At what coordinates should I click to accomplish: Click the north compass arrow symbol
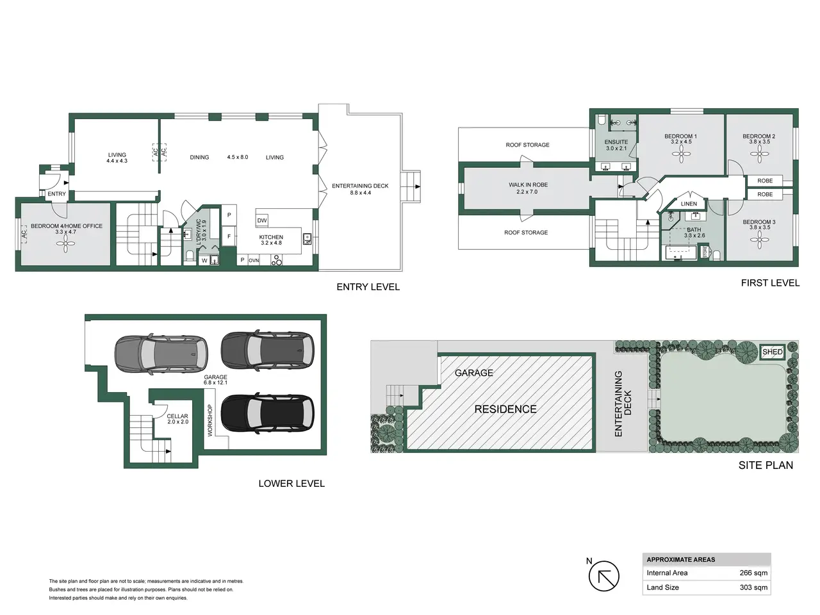[603, 576]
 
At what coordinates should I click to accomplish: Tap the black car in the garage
[267, 413]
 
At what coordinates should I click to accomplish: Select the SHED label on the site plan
[772, 352]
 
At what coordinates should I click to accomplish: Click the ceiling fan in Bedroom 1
[681, 154]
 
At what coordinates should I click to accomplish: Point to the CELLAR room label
[177, 416]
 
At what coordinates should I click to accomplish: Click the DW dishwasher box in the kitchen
[262, 220]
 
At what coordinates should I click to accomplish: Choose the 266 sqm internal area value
[753, 573]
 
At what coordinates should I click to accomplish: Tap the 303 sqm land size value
[753, 587]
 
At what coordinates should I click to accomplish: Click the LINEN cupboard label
[689, 204]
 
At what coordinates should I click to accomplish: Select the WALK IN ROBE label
[528, 185]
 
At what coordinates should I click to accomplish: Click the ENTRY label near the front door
[56, 194]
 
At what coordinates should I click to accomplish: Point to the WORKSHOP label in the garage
[210, 420]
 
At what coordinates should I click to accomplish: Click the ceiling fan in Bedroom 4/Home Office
[65, 245]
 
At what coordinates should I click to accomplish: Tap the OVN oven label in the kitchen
[254, 261]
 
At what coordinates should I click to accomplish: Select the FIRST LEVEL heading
[770, 283]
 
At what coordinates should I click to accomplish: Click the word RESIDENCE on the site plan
[505, 409]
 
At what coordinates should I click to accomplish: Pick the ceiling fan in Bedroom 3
[759, 240]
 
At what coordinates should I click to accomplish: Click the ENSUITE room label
[616, 142]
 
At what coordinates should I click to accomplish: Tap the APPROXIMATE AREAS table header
[680, 559]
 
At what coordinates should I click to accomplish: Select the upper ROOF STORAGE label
[527, 145]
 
